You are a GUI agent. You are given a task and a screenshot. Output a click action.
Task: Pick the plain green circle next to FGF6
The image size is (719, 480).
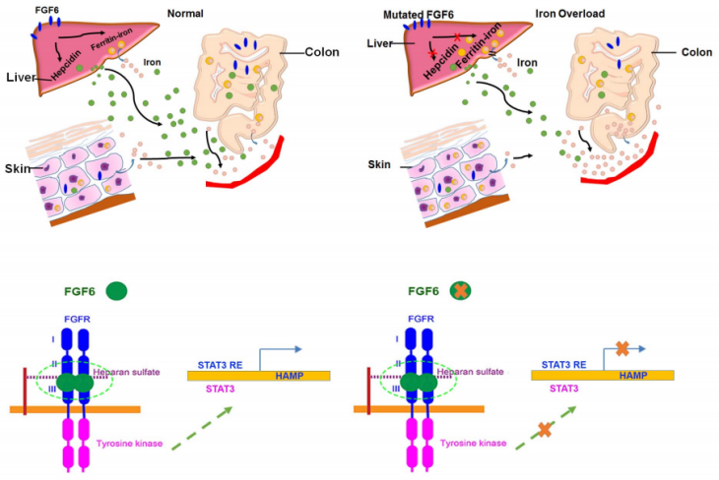(117, 291)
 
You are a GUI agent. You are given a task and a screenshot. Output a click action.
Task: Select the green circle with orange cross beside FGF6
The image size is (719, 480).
(459, 291)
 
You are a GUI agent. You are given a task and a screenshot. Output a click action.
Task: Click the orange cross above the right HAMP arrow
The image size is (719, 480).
(621, 348)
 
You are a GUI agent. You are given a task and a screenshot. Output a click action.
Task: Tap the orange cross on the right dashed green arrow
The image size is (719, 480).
(544, 430)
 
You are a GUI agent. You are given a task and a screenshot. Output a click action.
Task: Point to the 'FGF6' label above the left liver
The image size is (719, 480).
(43, 10)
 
